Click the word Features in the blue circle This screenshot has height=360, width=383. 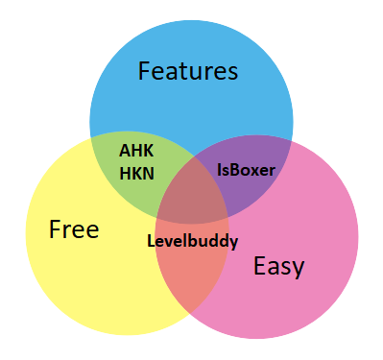188,71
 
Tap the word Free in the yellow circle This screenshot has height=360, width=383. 74,229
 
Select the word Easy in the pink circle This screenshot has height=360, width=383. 278,266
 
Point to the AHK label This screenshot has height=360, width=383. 136,151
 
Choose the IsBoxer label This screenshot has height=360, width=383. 246,170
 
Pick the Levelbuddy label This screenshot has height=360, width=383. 192,240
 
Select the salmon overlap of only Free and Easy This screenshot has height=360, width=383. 192,283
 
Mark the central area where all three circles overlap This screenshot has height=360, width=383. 192,206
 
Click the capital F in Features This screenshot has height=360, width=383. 145,71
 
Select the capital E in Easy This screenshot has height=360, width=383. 259,266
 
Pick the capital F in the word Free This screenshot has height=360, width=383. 56,229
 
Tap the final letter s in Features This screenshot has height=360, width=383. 232,72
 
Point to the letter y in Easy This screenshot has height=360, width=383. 299,269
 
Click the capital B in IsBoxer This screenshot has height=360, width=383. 234,170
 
